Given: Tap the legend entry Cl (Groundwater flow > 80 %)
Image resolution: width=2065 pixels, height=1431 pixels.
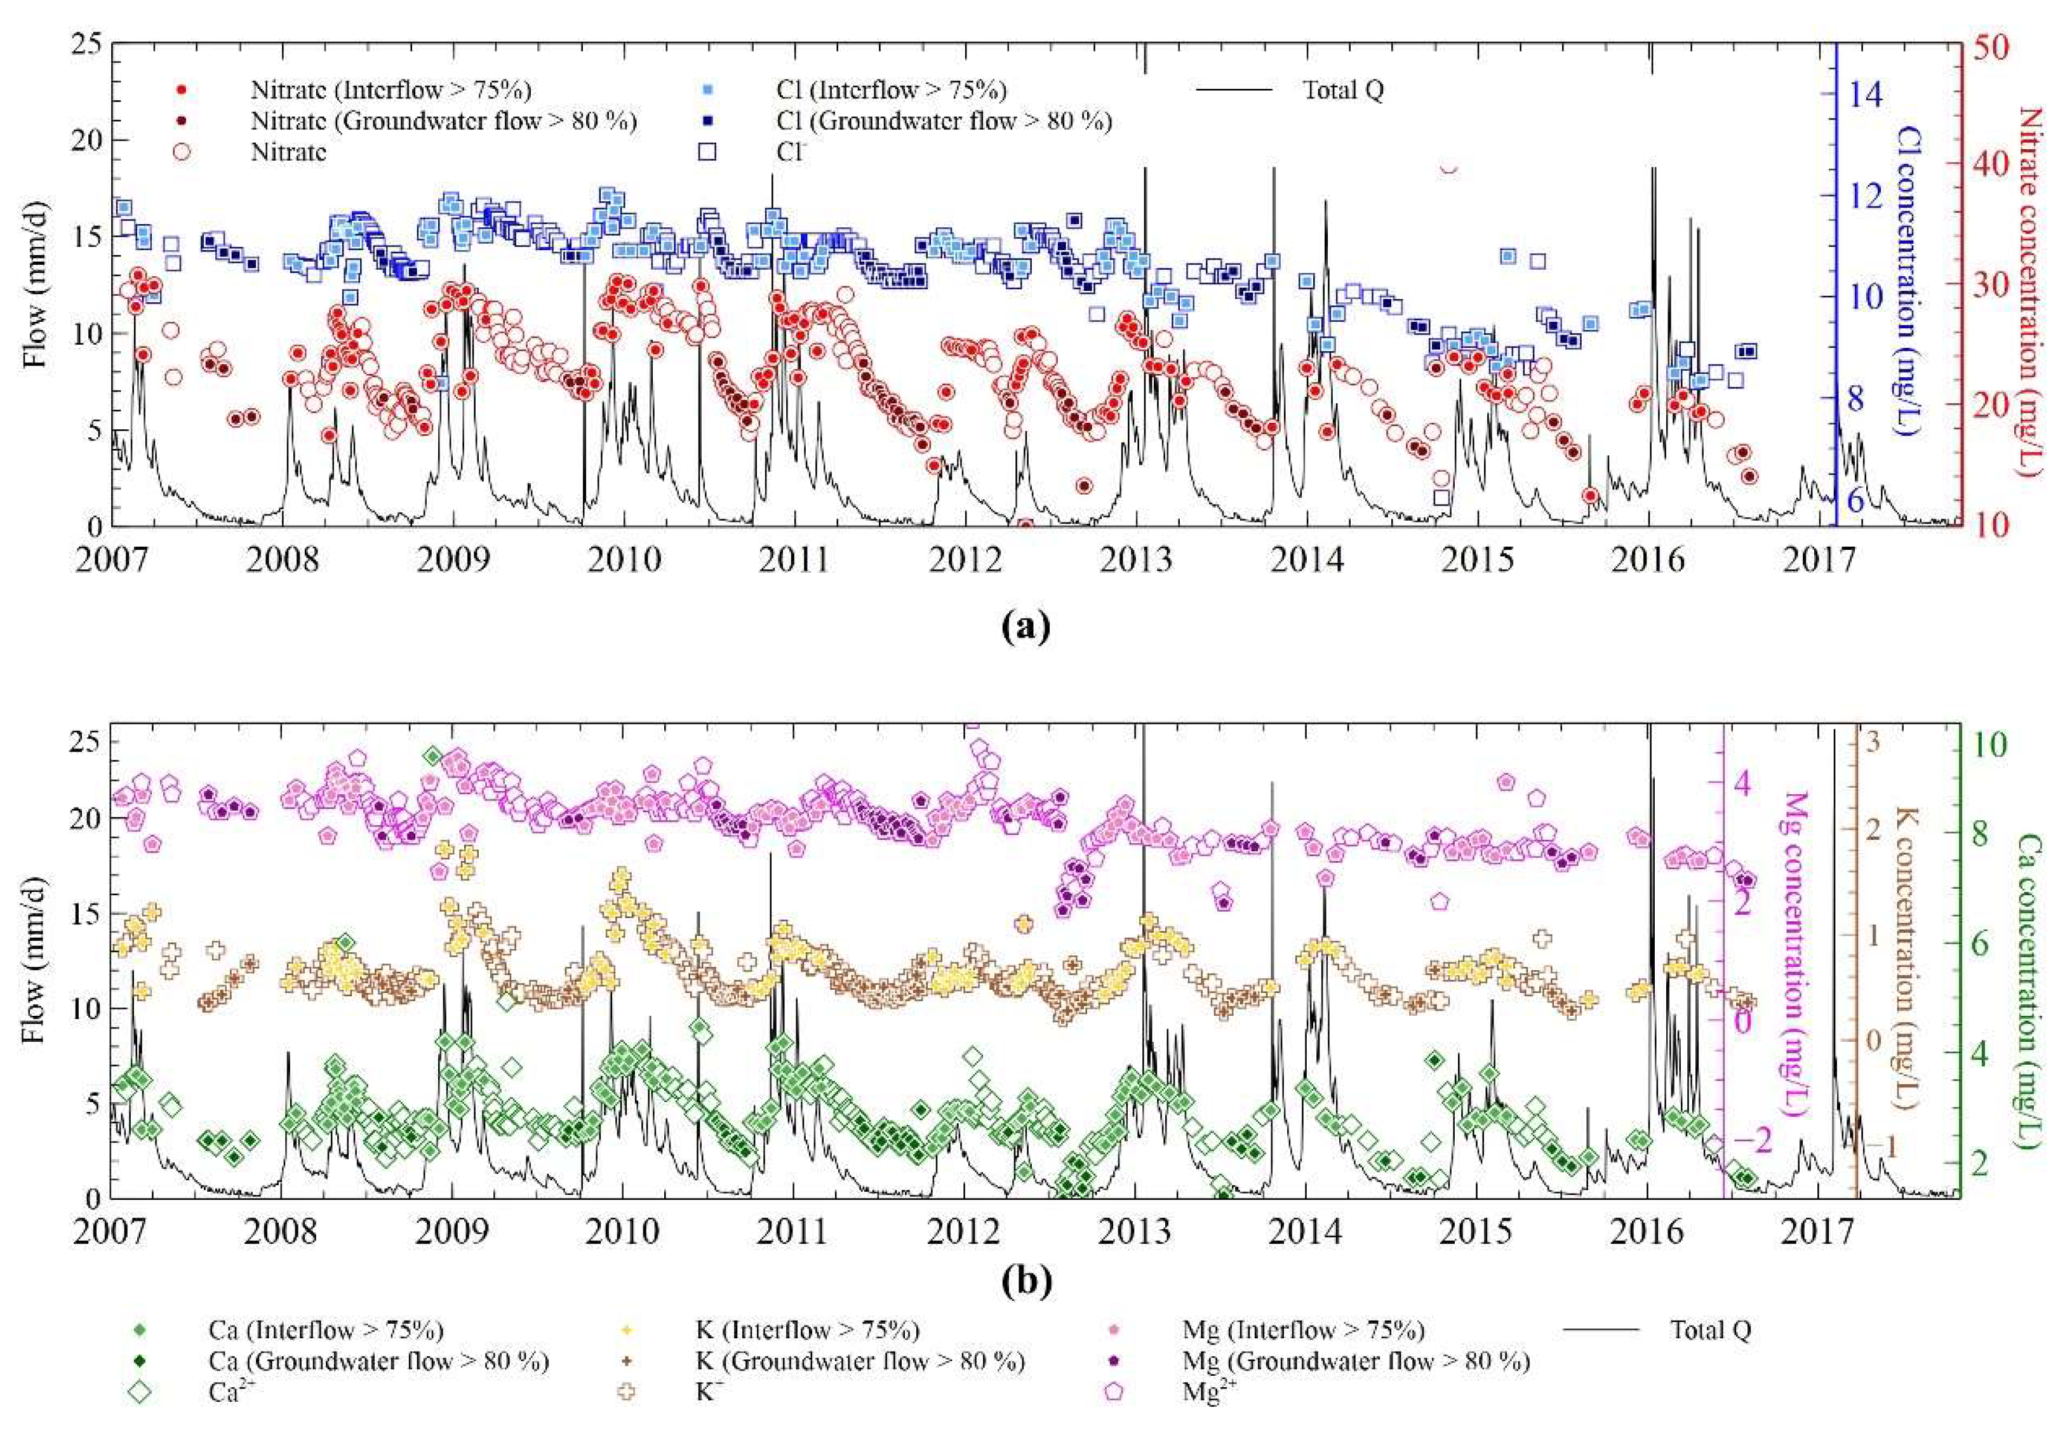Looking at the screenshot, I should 943,121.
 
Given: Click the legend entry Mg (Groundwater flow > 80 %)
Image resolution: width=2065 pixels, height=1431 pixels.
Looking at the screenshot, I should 1356,1361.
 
